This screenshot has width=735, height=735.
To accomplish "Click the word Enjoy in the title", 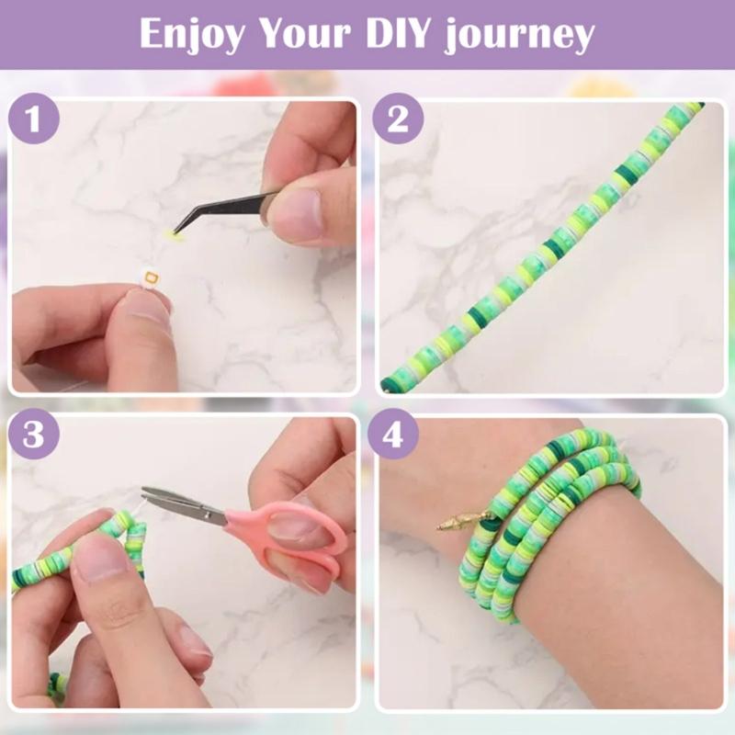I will pos(191,35).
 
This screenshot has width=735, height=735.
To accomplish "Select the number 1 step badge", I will pos(34,121).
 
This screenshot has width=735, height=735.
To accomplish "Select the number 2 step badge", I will pos(398,121).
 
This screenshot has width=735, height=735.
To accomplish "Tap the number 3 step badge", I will pos(34,435).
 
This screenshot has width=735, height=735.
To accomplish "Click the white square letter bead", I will pos(151,275).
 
